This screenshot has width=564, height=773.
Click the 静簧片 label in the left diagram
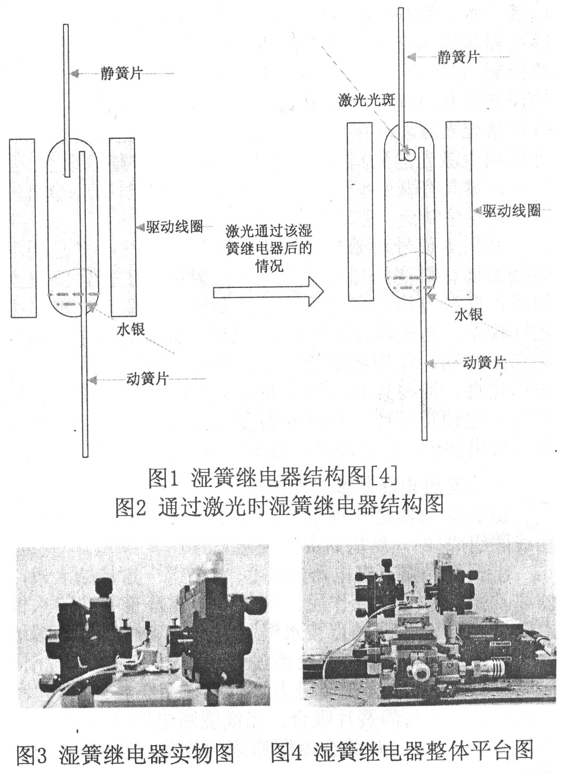[122, 73]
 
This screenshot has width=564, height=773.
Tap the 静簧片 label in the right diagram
[458, 57]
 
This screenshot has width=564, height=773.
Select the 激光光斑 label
[367, 100]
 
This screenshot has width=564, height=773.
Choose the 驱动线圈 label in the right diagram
[511, 210]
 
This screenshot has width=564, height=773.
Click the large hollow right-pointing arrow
[268, 292]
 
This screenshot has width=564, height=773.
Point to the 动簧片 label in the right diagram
[484, 363]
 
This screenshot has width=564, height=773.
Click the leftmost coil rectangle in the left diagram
[23, 228]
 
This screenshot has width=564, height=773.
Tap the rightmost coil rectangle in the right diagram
[459, 210]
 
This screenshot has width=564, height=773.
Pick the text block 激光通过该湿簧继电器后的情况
[269, 248]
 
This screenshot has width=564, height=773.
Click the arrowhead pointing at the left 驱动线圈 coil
[141, 227]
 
